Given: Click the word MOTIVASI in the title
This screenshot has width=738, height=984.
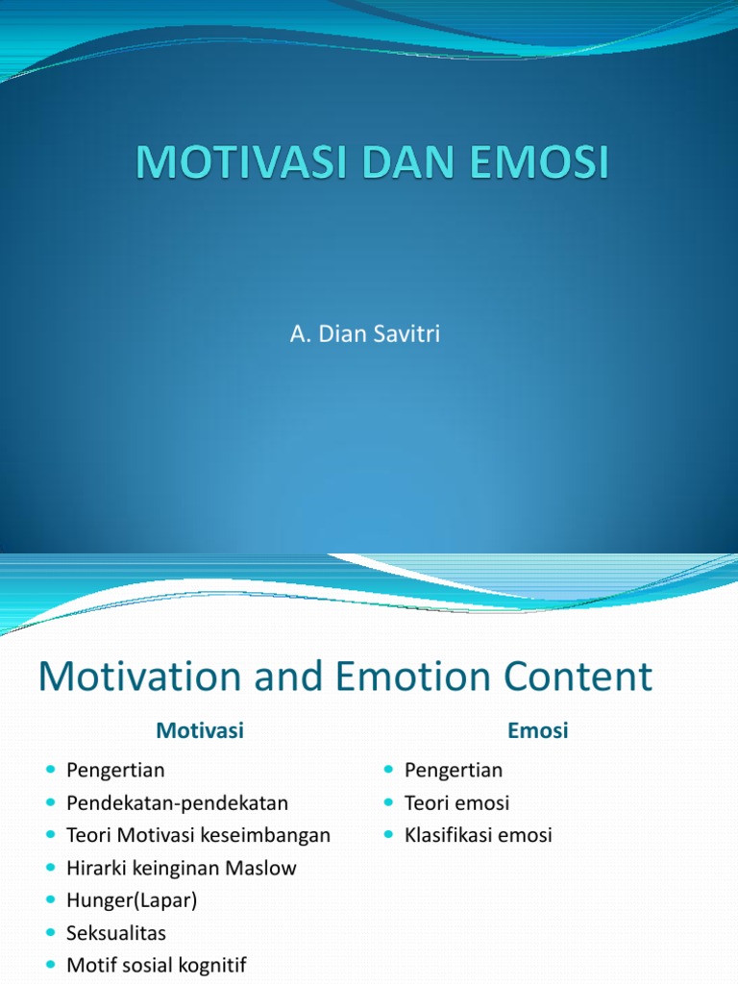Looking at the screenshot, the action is (241, 161).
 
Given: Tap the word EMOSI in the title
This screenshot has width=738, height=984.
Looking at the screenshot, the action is (539, 161).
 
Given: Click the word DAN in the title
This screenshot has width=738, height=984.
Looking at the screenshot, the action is (408, 161).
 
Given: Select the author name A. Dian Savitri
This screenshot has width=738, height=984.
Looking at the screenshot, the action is (364, 333).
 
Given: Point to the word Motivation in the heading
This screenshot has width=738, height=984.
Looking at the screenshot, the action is (139, 676).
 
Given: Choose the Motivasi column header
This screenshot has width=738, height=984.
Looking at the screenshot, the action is (200, 730).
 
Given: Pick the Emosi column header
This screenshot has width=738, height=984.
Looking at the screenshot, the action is (538, 730).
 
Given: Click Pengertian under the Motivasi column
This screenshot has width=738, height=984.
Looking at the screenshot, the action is (115, 770).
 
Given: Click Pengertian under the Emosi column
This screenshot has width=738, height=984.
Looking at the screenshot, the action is (454, 770).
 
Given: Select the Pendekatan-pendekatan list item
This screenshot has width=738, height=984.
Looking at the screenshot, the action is (177, 802).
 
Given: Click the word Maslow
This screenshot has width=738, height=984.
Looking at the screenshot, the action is (260, 868).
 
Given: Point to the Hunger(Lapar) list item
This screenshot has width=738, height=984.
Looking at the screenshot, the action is (132, 900).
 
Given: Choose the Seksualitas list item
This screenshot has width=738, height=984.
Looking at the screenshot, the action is (116, 933).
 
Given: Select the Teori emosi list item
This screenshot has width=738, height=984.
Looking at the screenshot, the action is (456, 802).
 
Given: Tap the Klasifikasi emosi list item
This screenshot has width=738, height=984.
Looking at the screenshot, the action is (479, 835).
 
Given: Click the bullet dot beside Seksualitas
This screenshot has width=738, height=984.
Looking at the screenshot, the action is (51, 932).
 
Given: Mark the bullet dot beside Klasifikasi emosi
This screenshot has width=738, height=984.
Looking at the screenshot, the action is (389, 835).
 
